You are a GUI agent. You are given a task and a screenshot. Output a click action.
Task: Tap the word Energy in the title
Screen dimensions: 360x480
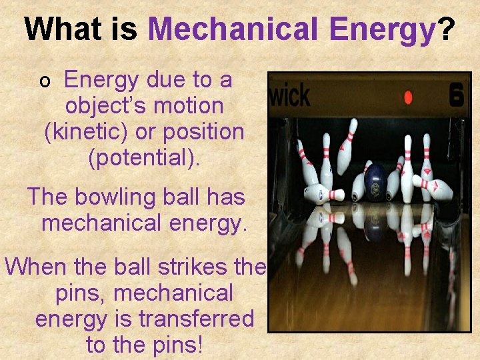[381, 29]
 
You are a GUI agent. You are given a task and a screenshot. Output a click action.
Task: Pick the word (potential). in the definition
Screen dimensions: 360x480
[143, 157]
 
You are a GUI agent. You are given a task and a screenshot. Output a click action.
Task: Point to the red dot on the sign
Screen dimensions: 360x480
[408, 98]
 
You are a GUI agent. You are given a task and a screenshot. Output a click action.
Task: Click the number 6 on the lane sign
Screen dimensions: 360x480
[457, 95]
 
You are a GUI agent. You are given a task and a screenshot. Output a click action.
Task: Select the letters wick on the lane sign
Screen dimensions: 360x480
[289, 96]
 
